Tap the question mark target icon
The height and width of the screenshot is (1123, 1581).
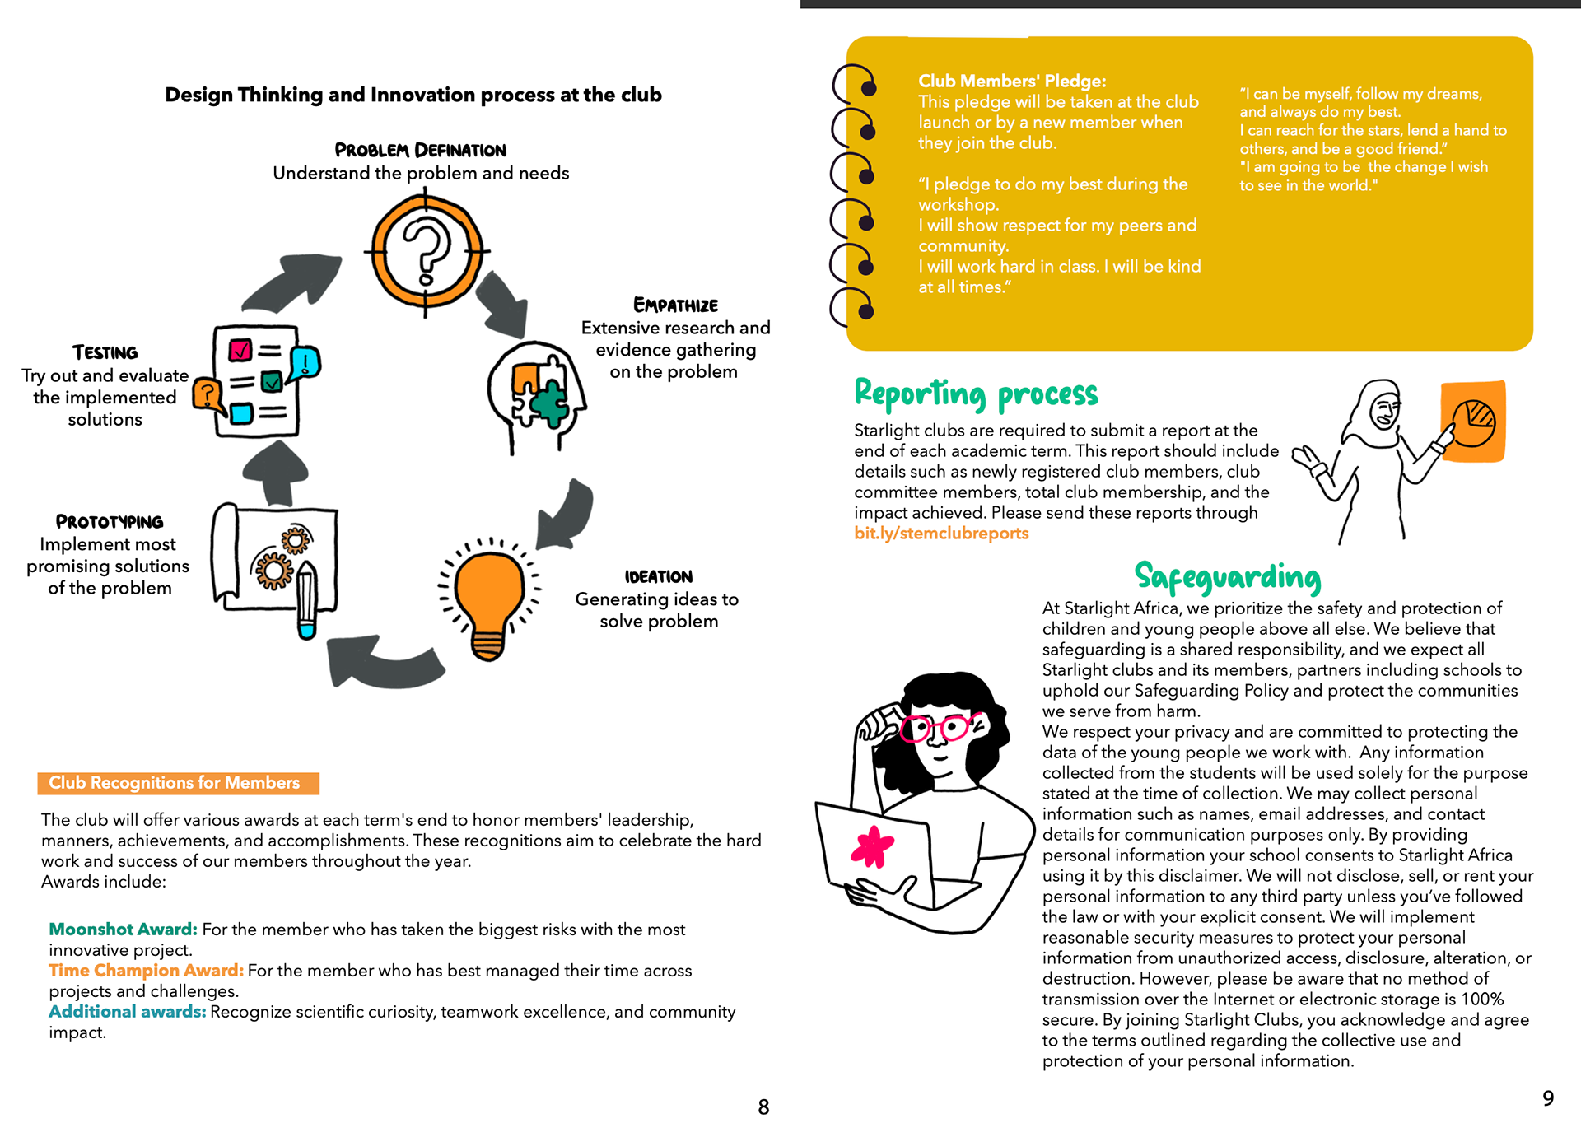click(425, 251)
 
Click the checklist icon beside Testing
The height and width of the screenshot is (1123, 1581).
click(256, 380)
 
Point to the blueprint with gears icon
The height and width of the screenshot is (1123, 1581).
click(276, 563)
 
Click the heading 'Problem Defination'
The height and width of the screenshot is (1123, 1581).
click(420, 151)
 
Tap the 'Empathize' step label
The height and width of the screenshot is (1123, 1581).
click(675, 305)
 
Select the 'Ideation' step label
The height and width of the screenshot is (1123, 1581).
click(658, 577)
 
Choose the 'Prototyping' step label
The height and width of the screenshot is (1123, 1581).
click(110, 522)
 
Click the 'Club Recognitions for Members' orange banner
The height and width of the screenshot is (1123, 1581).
click(178, 783)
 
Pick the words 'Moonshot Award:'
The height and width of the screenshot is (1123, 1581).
click(123, 930)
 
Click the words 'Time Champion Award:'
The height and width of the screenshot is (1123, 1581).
click(146, 971)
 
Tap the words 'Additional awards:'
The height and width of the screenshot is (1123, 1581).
click(127, 1012)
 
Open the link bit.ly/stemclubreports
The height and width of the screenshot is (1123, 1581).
click(941, 534)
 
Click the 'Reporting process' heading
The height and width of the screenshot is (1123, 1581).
click(976, 394)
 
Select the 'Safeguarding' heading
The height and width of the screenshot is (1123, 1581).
click(1227, 577)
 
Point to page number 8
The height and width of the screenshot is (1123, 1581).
click(763, 1107)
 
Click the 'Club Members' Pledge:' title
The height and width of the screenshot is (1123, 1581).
click(1012, 82)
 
